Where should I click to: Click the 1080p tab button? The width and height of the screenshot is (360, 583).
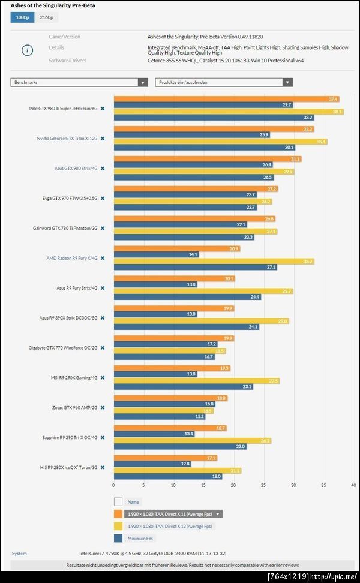tap(22, 17)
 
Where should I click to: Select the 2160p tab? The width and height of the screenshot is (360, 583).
tap(46, 17)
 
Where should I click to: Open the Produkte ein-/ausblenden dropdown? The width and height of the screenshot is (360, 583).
tap(224, 82)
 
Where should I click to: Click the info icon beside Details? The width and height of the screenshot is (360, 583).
tap(27, 50)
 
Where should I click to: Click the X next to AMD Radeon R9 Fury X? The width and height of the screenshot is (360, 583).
tap(103, 258)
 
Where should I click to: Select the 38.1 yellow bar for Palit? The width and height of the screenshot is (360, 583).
tap(228, 112)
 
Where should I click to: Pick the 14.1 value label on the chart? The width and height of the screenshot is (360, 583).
tap(193, 254)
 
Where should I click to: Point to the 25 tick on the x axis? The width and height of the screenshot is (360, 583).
tap(264, 485)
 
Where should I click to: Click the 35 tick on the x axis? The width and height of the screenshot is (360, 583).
tap(324, 485)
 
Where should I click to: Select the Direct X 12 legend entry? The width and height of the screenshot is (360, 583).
tap(169, 526)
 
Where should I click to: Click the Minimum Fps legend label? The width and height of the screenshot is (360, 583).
tap(140, 538)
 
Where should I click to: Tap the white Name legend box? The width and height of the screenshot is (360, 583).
tap(118, 502)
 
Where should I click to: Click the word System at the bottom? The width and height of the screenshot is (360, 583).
tap(19, 554)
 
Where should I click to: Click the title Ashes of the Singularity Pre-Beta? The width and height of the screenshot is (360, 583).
tap(53, 5)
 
